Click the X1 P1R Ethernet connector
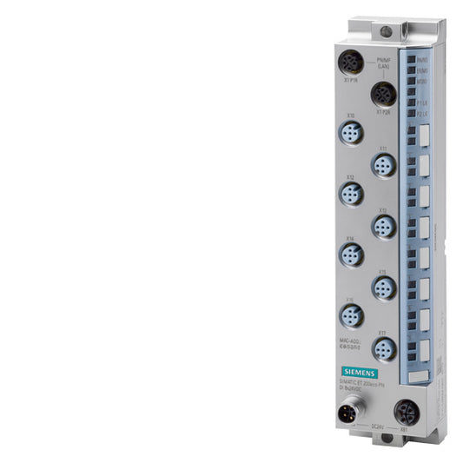(x=351, y=63)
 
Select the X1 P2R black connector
(x=382, y=94)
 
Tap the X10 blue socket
(x=351, y=132)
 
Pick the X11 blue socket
(x=382, y=163)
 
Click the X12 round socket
(x=351, y=194)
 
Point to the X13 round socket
(x=382, y=225)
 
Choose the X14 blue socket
(x=351, y=255)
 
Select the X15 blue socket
(x=382, y=286)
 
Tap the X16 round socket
(x=351, y=315)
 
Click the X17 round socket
(x=382, y=347)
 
